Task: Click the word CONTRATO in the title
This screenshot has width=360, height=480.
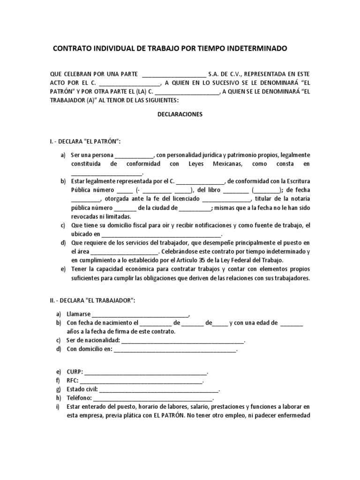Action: pos(71,49)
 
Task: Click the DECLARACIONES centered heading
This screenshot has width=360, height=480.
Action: pos(180,114)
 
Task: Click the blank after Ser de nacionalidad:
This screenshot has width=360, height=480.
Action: pos(183,341)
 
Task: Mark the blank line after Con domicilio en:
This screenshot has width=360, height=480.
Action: pos(175,350)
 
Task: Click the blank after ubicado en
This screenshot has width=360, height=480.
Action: pos(161,234)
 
